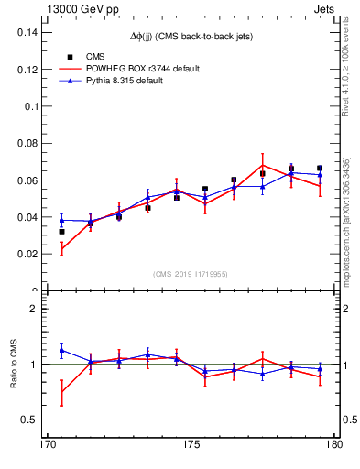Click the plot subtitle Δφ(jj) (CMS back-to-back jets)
coord(190,35)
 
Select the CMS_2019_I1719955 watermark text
coord(191,273)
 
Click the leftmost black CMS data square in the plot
coord(61,232)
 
